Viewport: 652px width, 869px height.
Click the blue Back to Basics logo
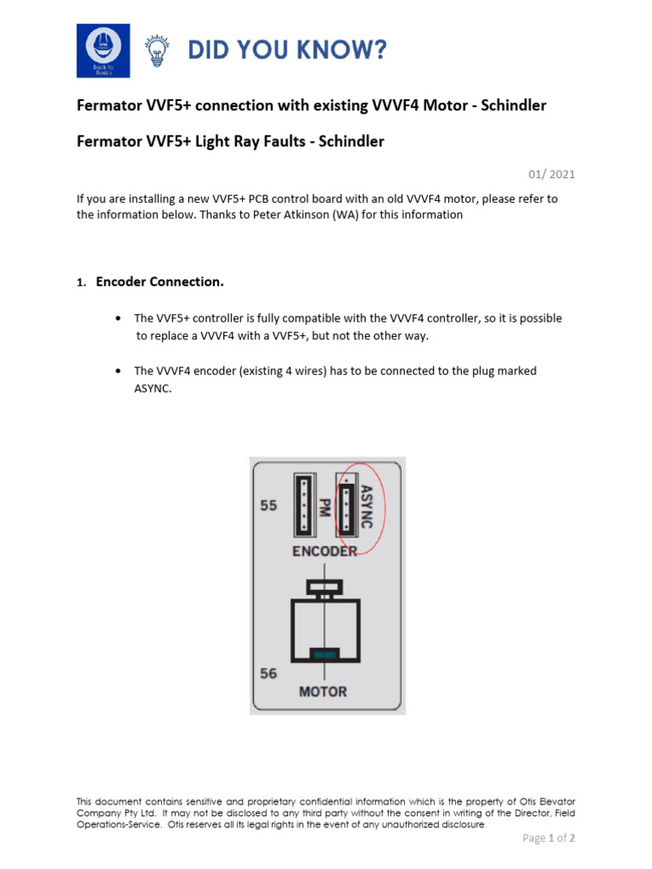[103, 50]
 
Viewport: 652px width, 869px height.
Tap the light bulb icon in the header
[156, 51]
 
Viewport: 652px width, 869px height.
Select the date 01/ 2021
[552, 175]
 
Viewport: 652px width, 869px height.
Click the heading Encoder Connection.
[160, 281]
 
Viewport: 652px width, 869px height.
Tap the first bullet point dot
[117, 319]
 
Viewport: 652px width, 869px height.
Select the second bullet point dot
[117, 372]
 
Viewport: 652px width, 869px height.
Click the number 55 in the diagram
[268, 505]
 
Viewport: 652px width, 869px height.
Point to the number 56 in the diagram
[268, 673]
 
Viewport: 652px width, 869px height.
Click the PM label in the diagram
[323, 507]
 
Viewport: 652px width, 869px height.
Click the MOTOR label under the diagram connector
[323, 692]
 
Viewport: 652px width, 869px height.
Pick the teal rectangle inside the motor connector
[323, 653]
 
